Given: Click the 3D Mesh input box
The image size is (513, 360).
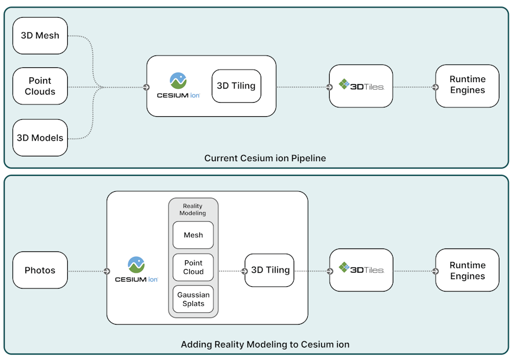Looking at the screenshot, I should coord(40,35).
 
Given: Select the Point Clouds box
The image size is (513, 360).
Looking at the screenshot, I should coord(40,86).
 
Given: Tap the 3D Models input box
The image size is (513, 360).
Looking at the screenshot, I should coord(40,138).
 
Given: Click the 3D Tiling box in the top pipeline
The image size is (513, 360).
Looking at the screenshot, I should coord(236,86).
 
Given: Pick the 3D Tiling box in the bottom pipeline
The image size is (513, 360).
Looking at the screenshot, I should coord(270,270).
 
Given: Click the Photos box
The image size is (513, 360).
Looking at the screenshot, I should coord(40,270).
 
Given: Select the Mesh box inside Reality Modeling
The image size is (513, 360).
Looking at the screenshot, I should coord(193,235).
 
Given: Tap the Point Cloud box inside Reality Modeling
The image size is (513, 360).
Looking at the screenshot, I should coord(193,267).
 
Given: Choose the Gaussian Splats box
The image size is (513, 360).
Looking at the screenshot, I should coord(193,299).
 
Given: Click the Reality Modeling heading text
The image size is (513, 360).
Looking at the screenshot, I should coord(193,210).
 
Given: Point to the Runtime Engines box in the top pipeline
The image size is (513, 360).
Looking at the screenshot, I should coord(467,86).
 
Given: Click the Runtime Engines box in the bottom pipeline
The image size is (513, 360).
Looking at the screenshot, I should coord(467,270).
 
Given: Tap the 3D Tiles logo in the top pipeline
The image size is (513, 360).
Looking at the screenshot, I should coord(361,86).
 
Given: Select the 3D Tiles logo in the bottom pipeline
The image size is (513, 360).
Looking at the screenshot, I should coord(361,270).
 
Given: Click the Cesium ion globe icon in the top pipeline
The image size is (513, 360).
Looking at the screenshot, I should coord(178,80).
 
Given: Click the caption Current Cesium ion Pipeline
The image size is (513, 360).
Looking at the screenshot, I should coord(265,158).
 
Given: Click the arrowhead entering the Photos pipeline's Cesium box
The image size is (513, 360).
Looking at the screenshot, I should coord(107,271).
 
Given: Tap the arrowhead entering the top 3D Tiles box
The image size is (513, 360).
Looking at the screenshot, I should coord(329,87).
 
